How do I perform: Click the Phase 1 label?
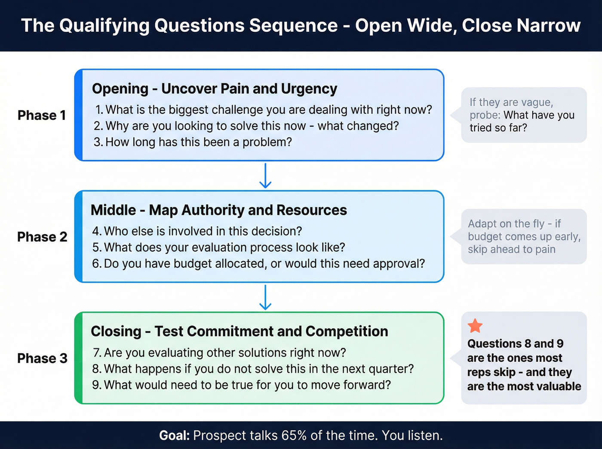(x=42, y=115)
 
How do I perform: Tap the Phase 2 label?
(x=42, y=237)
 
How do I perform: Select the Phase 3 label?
(x=42, y=358)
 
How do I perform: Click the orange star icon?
(x=475, y=326)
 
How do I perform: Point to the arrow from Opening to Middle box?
(x=265, y=176)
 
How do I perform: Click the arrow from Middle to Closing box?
(x=265, y=297)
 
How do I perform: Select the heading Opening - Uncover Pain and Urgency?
(x=214, y=89)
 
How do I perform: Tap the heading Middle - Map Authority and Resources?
(x=218, y=210)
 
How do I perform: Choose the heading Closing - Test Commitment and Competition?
(x=239, y=331)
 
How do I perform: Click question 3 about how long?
(x=193, y=142)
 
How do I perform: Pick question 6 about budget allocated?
(x=258, y=263)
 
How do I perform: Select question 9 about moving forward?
(x=241, y=385)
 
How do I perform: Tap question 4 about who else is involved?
(x=197, y=231)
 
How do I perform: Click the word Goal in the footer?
(x=174, y=435)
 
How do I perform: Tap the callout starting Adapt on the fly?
(x=523, y=236)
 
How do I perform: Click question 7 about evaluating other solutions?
(x=219, y=352)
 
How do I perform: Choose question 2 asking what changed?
(x=246, y=125)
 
